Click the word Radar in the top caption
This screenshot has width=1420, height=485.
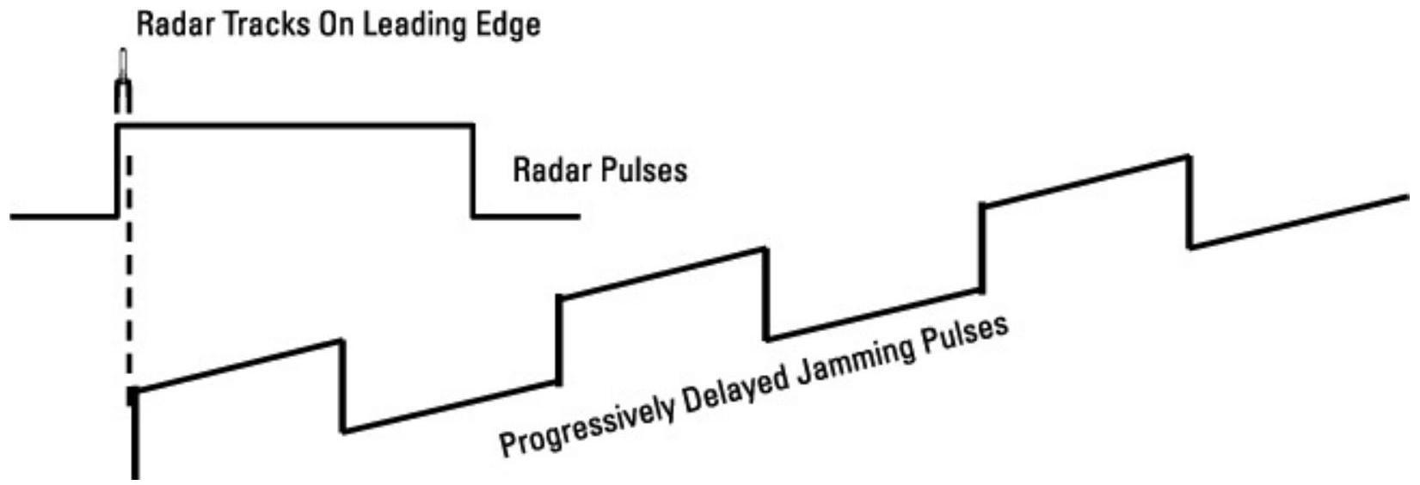[168, 24]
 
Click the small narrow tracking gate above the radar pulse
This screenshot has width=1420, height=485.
[123, 82]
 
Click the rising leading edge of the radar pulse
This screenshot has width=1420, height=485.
[117, 172]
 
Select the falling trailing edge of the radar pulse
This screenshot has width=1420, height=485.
[472, 172]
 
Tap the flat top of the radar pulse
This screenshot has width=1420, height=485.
[292, 126]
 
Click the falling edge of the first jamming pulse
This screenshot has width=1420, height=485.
[343, 386]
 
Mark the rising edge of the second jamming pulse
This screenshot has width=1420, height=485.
[559, 340]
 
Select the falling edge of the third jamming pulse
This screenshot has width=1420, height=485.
[1189, 201]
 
